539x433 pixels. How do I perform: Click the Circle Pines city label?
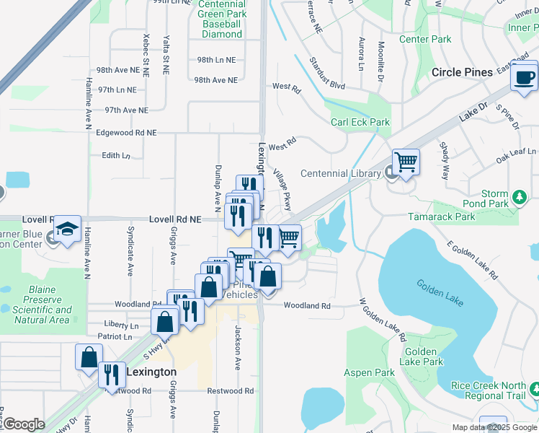[x=462, y=72]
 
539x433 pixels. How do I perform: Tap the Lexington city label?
[x=151, y=372]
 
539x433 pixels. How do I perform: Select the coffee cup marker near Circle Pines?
[x=524, y=76]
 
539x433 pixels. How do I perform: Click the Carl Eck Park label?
[x=360, y=122]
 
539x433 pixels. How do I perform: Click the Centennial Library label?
[x=340, y=173]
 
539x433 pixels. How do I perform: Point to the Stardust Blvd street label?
[x=328, y=74]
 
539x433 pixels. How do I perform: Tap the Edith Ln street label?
[x=116, y=155]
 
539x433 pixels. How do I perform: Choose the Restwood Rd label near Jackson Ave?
[x=231, y=391]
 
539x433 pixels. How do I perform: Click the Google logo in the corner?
[x=23, y=424]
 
